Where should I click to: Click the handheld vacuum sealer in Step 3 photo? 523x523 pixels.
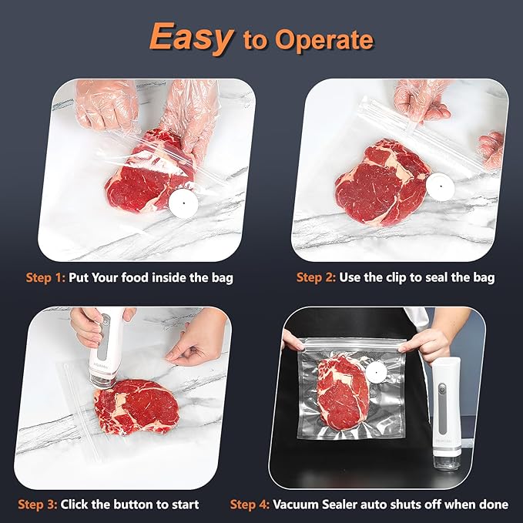[104, 347]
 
